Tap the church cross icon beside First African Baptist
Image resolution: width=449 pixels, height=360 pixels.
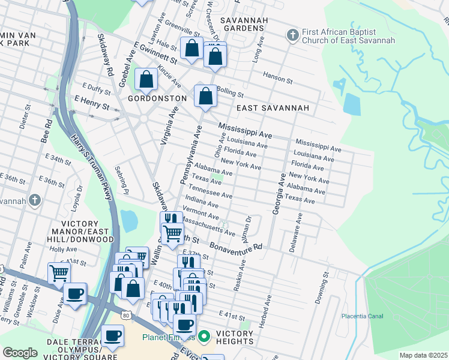point(292,34)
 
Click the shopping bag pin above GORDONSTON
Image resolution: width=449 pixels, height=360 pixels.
point(146,79)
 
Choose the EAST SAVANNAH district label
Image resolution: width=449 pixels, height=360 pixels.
point(272,108)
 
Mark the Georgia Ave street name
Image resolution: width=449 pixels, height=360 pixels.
point(277,194)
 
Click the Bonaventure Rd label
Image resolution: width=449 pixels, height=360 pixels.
point(236,247)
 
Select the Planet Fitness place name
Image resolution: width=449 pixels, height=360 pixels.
point(169,337)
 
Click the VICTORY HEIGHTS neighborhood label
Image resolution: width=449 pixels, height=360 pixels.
point(234,337)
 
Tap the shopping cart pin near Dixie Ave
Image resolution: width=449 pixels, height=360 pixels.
point(59,273)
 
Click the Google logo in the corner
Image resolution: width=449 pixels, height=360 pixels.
point(20,353)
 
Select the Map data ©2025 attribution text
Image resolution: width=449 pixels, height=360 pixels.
point(423,355)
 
